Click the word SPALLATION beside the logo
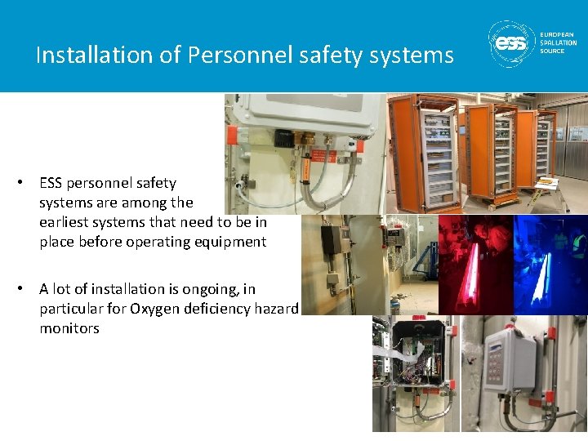click(x=559, y=42)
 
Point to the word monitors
click(x=69, y=328)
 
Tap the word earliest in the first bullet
click(x=67, y=222)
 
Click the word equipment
click(x=229, y=242)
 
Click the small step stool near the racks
click(x=546, y=186)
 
